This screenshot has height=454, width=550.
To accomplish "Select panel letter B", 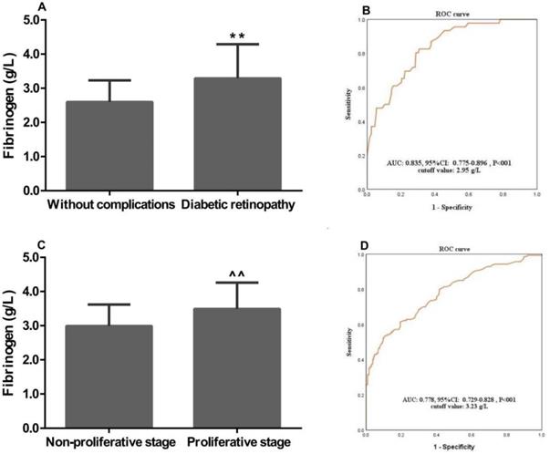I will click(364, 12).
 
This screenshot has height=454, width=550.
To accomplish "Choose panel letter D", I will click(365, 243).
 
